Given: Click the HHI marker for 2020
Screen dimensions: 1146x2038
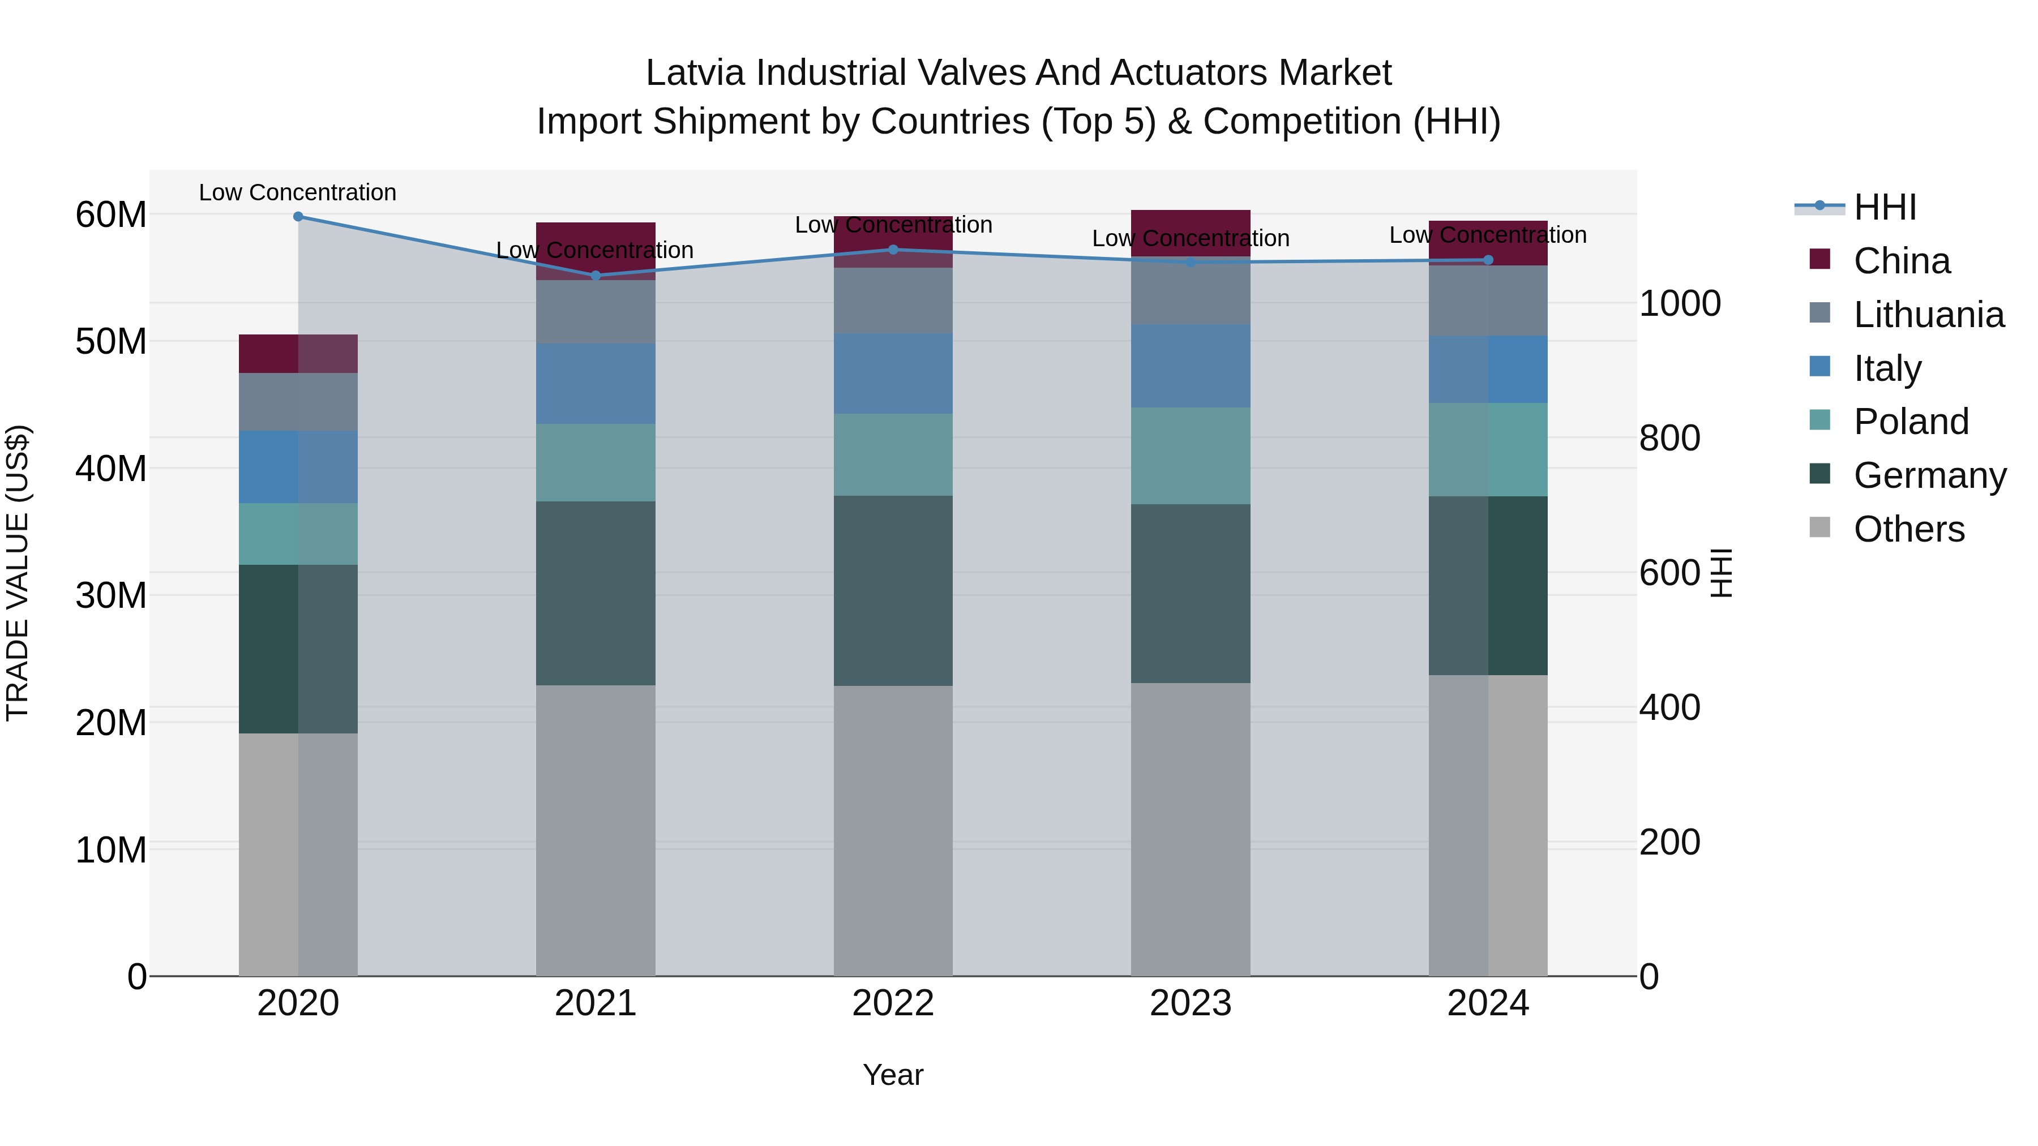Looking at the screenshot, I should coord(298,217).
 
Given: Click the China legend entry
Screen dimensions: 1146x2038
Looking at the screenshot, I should coord(1901,261).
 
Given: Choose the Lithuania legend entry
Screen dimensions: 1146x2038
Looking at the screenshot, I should coord(1928,315).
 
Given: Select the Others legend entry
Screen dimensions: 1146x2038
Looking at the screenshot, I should coord(1908,529).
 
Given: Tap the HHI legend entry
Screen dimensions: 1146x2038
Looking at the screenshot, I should coord(1885,207).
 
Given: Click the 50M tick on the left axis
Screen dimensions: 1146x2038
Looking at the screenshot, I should coord(111,342).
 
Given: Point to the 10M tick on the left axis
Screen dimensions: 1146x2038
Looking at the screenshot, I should coord(111,850).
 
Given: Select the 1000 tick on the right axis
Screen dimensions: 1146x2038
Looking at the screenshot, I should coord(1680,304).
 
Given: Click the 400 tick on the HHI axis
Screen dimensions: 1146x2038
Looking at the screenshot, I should coord(1669,708).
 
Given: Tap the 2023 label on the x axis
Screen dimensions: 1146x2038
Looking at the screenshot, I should coord(1190,1003).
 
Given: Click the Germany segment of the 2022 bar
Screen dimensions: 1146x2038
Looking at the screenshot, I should coord(893,591).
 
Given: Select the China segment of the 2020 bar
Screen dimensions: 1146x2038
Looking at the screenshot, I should coord(298,354).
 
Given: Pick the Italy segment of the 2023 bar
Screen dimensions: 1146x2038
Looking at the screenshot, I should coord(1190,366).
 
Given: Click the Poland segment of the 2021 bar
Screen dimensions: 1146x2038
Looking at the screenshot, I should coord(596,463).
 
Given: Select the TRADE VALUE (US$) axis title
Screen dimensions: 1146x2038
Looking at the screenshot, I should coord(18,573).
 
